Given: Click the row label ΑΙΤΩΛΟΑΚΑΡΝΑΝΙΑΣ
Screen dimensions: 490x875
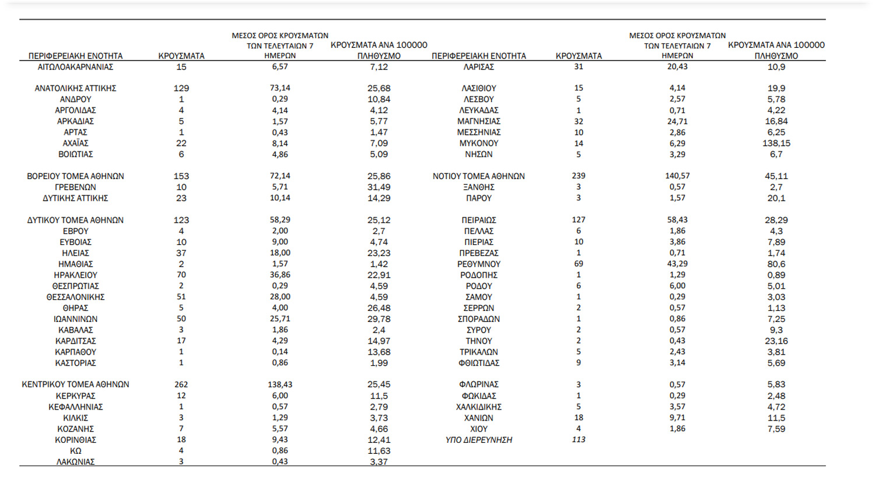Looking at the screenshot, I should click(75, 67).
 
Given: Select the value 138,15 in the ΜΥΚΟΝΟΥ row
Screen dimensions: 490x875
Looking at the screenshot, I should click(776, 143).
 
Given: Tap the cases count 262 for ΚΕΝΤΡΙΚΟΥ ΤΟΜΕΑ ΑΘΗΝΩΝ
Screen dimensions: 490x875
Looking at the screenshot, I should click(181, 384).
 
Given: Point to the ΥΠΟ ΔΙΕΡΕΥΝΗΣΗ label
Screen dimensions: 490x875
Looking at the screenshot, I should click(478, 440).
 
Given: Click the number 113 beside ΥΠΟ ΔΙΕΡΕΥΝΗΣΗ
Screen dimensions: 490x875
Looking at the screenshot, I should click(579, 440).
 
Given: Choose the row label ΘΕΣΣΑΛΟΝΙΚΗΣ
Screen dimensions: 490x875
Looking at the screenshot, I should click(75, 297).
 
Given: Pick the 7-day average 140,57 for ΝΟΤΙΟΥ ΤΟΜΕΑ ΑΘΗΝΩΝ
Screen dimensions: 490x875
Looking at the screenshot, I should click(677, 176).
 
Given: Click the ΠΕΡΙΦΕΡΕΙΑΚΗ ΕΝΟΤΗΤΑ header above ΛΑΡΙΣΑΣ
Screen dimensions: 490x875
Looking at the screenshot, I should click(478, 56).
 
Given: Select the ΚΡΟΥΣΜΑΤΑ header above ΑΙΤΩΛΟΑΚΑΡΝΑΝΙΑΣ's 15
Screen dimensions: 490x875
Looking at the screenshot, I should click(181, 56).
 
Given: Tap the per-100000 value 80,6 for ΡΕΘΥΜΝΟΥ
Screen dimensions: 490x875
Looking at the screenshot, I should click(776, 264).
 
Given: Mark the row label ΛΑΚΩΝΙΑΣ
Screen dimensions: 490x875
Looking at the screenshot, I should click(75, 461).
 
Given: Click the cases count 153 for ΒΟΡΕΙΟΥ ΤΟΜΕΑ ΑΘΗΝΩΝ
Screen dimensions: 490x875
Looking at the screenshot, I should click(181, 176).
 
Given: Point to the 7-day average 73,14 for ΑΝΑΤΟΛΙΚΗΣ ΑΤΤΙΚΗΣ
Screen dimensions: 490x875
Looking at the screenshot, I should click(280, 88).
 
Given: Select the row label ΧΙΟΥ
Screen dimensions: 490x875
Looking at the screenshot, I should click(478, 429).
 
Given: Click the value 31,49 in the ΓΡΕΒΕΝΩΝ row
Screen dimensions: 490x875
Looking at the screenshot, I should click(379, 187).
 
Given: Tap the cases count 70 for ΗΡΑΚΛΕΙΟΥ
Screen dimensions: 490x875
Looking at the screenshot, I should click(181, 275).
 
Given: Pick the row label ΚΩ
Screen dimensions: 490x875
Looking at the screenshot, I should click(75, 451).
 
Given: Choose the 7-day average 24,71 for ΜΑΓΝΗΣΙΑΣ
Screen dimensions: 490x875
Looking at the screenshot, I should click(677, 121).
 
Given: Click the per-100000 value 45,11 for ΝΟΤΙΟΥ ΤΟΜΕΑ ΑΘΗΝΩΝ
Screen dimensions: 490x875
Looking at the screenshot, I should click(776, 176).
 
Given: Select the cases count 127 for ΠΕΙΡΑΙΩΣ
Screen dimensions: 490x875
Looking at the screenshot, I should click(579, 220).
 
